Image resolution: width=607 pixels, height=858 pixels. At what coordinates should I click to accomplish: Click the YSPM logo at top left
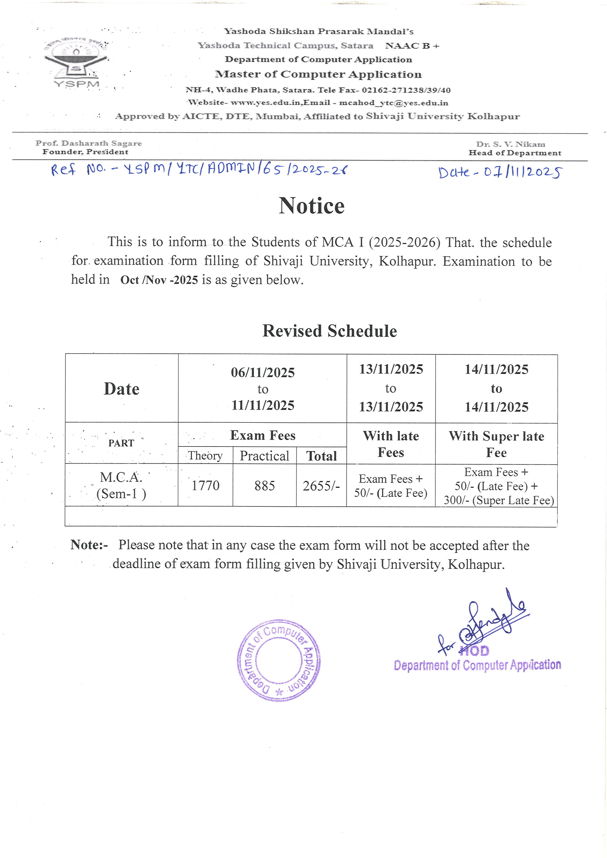tap(76, 63)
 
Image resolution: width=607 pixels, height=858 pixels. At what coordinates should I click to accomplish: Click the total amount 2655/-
tap(321, 486)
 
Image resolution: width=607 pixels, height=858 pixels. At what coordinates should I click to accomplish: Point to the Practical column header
tap(264, 456)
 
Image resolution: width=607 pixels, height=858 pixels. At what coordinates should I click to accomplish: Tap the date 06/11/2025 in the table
tap(263, 373)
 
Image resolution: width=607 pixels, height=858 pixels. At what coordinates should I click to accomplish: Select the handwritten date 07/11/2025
tap(500, 172)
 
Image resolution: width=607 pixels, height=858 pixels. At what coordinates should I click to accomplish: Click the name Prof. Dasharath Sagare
tap(89, 143)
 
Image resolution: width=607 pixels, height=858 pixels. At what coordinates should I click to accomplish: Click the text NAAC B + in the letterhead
tap(412, 46)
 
